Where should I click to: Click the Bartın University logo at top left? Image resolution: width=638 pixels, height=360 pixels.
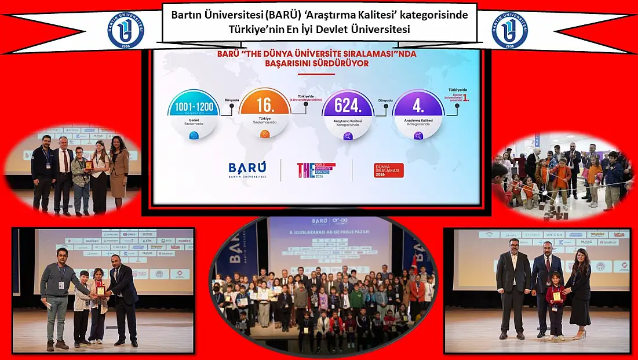tap(126, 30)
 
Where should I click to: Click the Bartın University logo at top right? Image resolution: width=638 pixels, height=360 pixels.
tap(510, 30)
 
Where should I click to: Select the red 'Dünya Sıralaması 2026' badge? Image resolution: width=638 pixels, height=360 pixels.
tap(389, 170)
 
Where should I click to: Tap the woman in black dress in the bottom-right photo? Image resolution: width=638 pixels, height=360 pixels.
tap(579, 293)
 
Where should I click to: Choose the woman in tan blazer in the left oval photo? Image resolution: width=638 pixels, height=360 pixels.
tap(119, 171)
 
